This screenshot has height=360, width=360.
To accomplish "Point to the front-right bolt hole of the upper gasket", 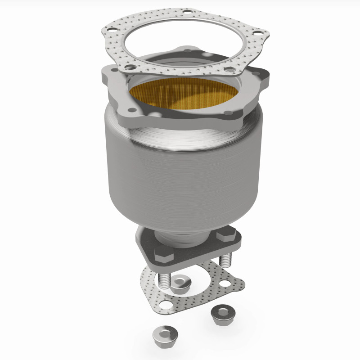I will pyautogui.click(x=231, y=70).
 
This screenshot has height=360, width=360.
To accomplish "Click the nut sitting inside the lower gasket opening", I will pyautogui.click(x=180, y=283).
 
